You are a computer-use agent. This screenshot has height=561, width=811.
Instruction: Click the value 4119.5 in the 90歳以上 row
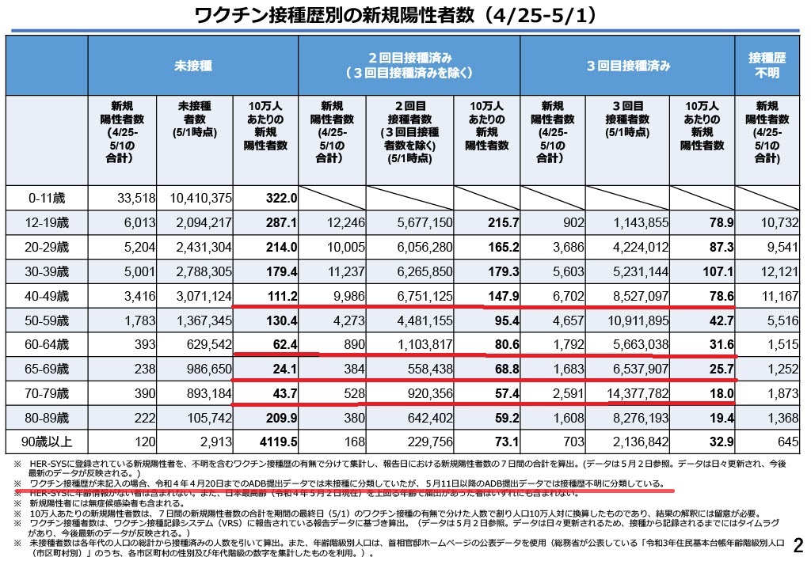(x=277, y=442)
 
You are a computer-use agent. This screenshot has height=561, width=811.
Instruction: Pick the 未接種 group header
(x=192, y=66)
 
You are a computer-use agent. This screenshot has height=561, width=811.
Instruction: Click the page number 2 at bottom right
(x=798, y=544)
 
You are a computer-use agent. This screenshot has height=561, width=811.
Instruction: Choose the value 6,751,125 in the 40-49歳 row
(x=417, y=296)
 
